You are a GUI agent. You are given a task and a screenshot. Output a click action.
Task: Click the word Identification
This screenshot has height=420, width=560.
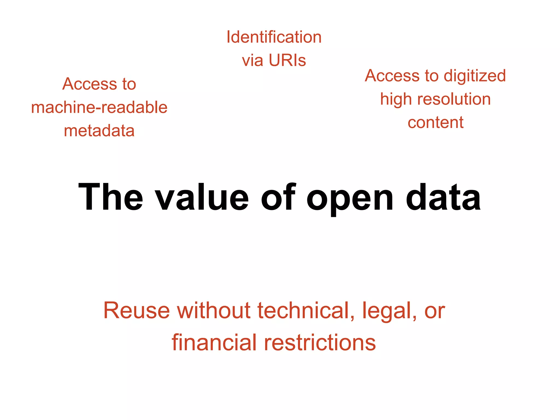[274, 37]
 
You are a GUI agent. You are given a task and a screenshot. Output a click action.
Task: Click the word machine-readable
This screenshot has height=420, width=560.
[99, 107]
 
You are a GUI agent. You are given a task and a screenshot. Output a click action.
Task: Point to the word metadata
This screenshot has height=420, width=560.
[99, 131]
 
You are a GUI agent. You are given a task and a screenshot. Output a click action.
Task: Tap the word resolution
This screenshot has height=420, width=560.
[454, 99]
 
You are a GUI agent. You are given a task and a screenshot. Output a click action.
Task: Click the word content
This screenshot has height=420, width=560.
[435, 122]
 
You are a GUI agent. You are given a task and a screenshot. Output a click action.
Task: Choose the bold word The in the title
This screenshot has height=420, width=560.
[110, 197]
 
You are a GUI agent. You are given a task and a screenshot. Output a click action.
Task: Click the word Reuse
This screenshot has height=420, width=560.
[136, 311]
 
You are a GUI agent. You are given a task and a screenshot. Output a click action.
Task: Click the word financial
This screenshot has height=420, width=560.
[215, 343]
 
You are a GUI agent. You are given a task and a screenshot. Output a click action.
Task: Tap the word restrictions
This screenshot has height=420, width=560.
[320, 343]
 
